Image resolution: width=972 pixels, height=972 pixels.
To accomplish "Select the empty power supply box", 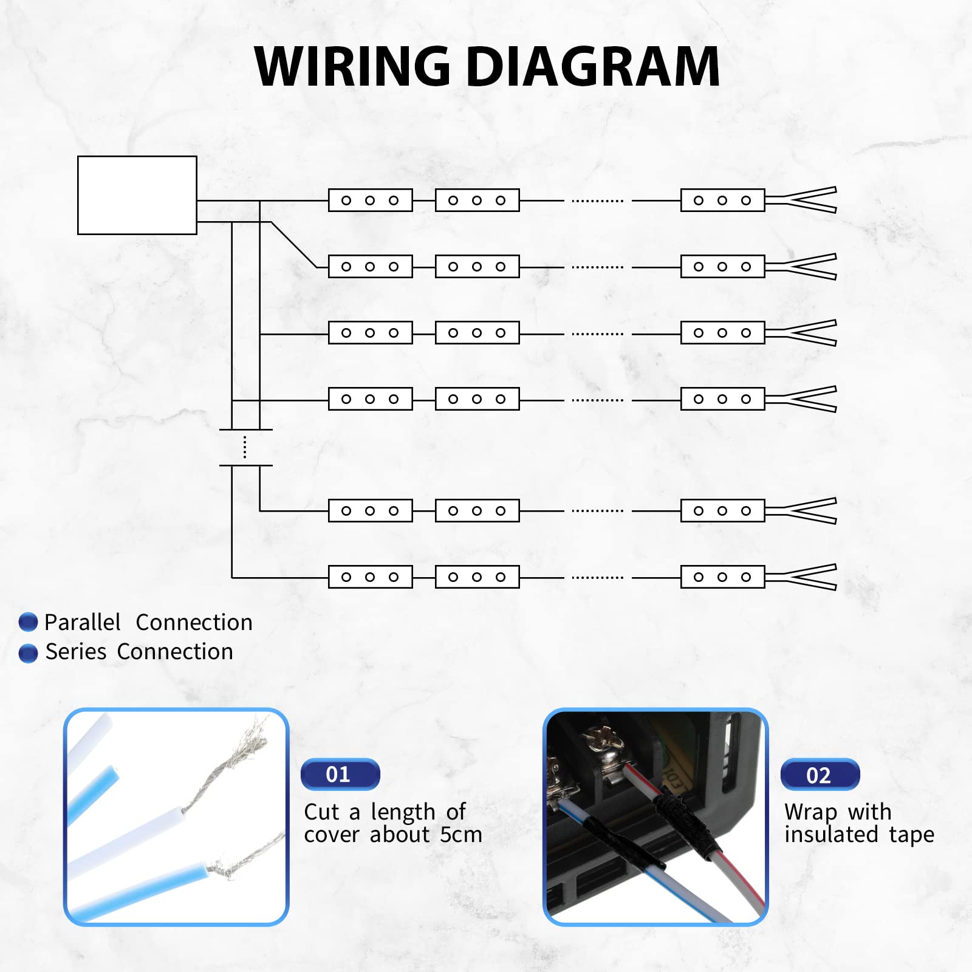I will (137, 195).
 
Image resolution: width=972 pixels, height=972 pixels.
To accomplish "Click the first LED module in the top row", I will (371, 200).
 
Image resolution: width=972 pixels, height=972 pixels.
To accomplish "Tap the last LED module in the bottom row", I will (722, 577).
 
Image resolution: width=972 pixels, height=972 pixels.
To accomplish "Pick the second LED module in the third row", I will (477, 333).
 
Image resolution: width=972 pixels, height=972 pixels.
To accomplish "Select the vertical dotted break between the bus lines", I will (245, 447).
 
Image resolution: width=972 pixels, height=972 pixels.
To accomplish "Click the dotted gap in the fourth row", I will (598, 400).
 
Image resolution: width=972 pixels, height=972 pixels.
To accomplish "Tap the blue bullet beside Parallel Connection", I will (29, 622).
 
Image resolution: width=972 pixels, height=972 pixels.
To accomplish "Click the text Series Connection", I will (139, 652).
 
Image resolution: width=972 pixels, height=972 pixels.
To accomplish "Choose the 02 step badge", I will (820, 775).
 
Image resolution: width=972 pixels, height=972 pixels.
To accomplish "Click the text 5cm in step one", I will (460, 835).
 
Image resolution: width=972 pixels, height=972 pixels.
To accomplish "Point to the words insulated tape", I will (859, 835).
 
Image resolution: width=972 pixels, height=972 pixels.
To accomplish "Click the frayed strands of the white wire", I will (237, 759).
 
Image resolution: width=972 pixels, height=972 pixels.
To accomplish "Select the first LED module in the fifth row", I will (371, 511).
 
